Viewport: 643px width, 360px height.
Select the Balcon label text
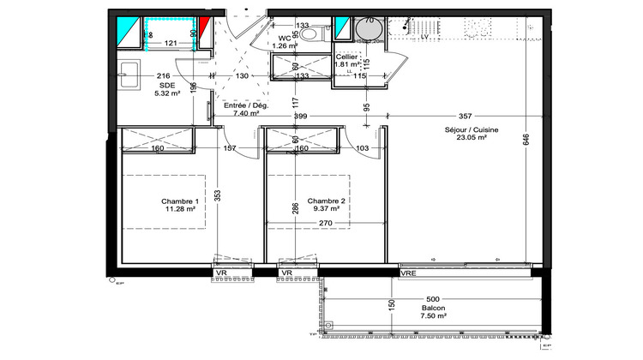(433, 308)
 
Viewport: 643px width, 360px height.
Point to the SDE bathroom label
(167, 86)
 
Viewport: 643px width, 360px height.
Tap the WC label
(285, 38)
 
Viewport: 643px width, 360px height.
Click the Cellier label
(346, 57)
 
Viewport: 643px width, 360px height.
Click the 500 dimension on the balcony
(433, 299)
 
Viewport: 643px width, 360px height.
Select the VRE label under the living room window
(409, 273)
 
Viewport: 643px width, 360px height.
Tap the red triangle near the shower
(206, 28)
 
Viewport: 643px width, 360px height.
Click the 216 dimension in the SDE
(163, 76)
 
